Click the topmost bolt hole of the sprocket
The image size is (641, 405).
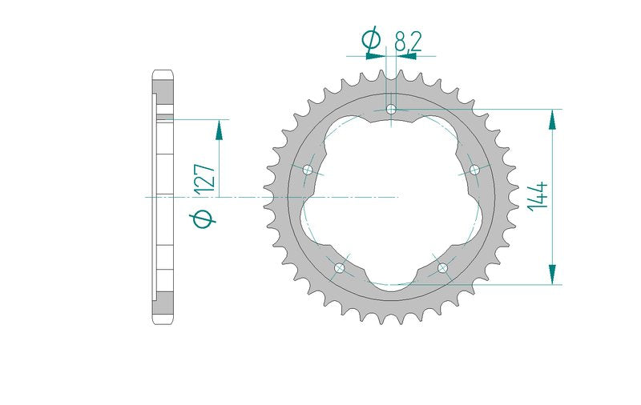coord(391,109)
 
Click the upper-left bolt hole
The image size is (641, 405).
coord(308,170)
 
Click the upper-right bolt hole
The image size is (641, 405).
coord(474,170)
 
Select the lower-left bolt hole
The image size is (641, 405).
coord(339,268)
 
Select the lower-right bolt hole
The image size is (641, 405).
coord(442,268)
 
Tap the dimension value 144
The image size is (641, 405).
coord(538,196)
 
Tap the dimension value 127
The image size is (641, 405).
coord(204,178)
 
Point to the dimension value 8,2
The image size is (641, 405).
coord(408,41)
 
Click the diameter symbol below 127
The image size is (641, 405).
coord(204,219)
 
